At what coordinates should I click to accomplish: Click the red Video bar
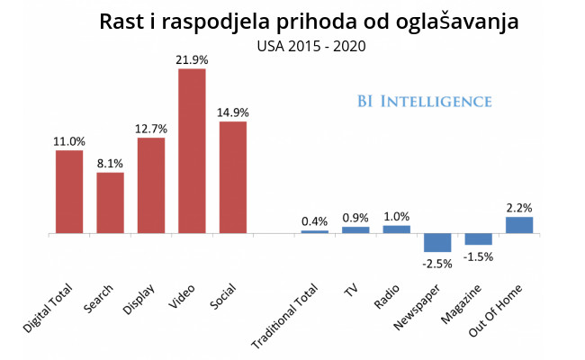192,150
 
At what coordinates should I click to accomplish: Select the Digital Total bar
69,192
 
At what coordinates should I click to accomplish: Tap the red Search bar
111,202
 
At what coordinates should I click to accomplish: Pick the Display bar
151,184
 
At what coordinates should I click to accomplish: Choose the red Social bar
232,177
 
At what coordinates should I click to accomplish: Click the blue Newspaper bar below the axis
437,242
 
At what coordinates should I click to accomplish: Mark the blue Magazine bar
478,239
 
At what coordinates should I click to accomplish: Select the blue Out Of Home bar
519,224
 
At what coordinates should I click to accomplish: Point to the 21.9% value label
192,59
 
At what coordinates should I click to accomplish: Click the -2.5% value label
436,263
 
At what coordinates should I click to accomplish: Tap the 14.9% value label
232,112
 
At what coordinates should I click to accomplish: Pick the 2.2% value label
519,207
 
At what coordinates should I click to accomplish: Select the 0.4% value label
314,221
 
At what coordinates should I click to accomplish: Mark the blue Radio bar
396,229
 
